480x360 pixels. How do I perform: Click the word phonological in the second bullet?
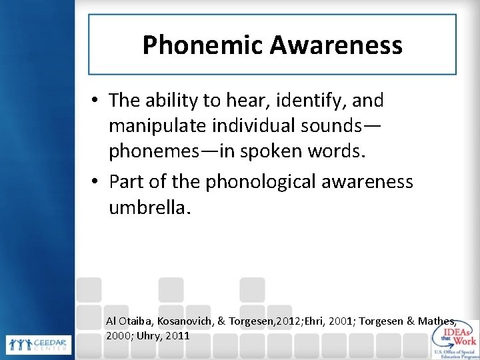[249, 181]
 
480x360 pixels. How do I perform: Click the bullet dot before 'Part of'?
[97, 182]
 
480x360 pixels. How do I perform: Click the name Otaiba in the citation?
[137, 321]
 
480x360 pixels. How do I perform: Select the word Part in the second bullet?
[126, 181]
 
